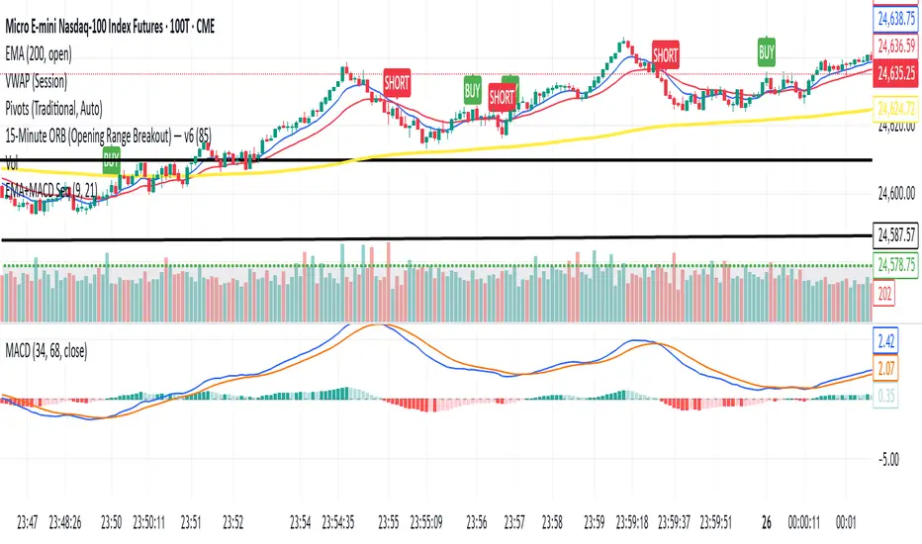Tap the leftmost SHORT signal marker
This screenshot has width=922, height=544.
[x=398, y=81]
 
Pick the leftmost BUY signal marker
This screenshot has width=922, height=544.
[x=111, y=164]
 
